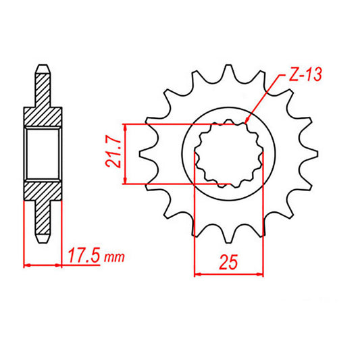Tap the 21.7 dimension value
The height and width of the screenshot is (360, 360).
115,154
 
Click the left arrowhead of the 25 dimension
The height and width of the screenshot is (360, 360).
197,274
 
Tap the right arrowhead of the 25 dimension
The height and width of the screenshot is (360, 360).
261,274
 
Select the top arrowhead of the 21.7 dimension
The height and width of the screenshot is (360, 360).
125,126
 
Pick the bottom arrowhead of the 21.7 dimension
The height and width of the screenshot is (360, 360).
125,182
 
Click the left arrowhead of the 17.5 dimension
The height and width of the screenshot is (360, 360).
26,265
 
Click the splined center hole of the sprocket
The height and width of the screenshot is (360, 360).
229,154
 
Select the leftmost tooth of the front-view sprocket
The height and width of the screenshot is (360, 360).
143,154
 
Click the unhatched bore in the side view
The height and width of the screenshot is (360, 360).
43,154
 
